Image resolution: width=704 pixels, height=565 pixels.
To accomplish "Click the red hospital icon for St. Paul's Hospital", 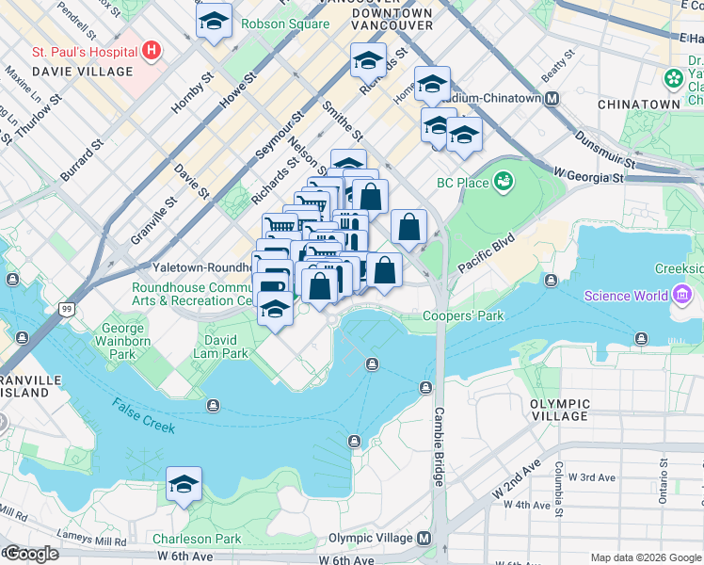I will coord(152,51).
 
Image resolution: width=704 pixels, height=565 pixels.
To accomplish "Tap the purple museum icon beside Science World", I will coord(681,296).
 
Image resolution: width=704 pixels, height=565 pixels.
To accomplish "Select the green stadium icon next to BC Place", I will coord(504,180).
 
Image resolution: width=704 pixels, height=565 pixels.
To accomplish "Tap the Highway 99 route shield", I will coord(66,309).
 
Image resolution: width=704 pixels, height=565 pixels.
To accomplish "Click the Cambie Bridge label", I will coord(439,446).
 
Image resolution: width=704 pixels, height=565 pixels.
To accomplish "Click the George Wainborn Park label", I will coord(123,343).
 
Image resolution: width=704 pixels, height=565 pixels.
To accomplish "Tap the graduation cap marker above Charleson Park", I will coord(184,486).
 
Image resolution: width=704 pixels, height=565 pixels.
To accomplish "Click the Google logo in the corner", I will coord(30,554).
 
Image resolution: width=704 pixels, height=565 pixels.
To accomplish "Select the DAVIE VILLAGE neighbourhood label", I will coord(82,72).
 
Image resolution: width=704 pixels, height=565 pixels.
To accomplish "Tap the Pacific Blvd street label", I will coord(488,253).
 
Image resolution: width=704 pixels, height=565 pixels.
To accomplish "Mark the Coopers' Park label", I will coord(459,316).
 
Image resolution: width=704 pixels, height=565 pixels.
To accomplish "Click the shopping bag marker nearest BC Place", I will coord(408,228).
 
